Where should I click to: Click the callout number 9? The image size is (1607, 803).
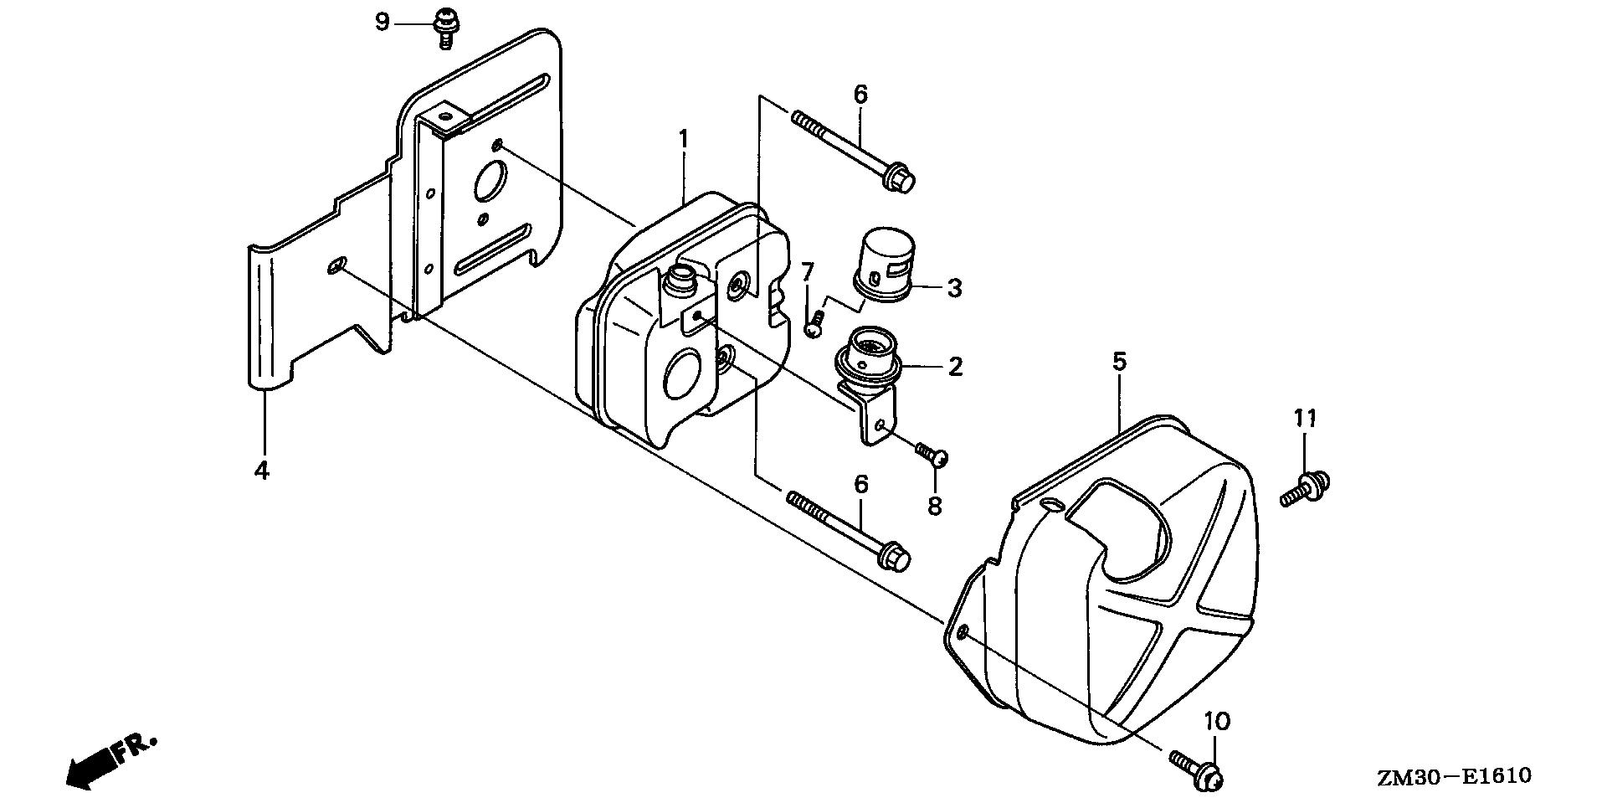coord(382,22)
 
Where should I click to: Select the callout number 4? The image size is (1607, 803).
coord(262,471)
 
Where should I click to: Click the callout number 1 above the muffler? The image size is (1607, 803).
coord(683,139)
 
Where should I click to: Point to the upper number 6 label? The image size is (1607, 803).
coord(860,95)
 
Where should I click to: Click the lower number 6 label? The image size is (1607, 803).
coord(860,484)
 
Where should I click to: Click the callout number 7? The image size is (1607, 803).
coord(807,271)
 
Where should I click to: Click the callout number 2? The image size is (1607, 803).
coord(955,366)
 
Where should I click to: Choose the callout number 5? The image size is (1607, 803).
coord(1119,362)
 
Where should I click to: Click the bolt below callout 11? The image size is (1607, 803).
coord(1306,488)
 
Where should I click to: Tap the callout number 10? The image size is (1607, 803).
coord(1217,721)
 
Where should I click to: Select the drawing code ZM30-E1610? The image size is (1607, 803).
coord(1454,776)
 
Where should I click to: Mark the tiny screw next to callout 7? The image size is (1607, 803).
coord(814,324)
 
